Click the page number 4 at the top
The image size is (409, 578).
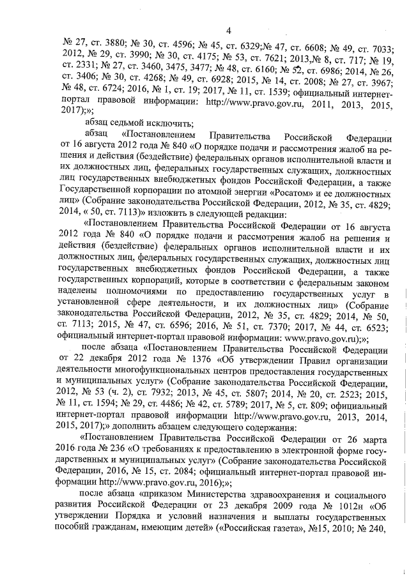(228, 28)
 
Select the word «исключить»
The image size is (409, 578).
(174, 124)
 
